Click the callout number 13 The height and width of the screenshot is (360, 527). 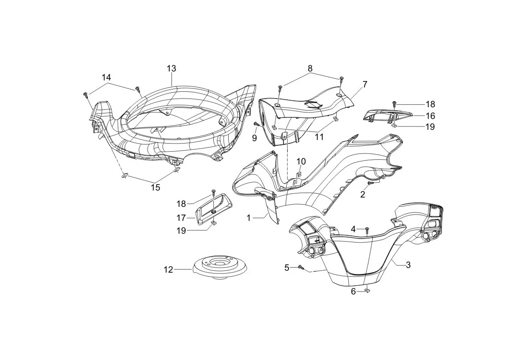coord(171,68)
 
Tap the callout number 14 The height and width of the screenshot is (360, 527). coord(106,77)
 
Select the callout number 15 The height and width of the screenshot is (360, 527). coord(155,187)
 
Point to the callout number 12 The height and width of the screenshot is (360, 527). coord(168,270)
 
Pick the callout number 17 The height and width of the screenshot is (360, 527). coord(181,218)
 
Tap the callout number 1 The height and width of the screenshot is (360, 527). coord(248,218)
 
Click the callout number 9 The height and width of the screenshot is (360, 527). coord(254,137)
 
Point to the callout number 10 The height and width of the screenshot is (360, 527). coord(301,162)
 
